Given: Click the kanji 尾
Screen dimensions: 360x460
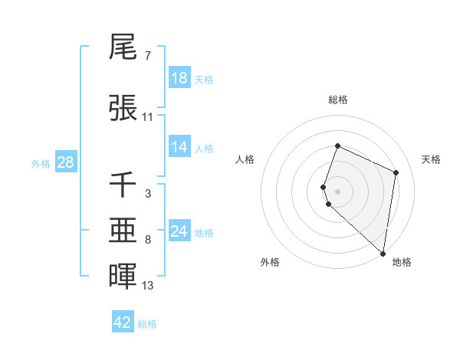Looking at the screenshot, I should [x=123, y=47].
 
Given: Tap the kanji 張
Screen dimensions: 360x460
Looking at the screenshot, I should [x=123, y=109].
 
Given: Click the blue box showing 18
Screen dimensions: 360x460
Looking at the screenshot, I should [x=179, y=78].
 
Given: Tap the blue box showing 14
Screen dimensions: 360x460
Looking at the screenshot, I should [x=179, y=148].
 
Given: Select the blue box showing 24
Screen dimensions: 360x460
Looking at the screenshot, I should [x=179, y=231].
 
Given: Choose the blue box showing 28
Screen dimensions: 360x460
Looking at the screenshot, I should [x=65, y=162].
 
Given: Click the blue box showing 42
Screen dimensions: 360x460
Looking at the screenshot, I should [x=123, y=322].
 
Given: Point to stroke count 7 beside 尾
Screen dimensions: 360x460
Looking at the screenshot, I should [x=147, y=56].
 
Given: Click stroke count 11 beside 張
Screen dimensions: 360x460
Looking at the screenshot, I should [x=148, y=117].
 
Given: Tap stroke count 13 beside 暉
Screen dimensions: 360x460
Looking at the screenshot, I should [x=148, y=286].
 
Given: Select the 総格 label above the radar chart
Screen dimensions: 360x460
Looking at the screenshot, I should [x=337, y=100].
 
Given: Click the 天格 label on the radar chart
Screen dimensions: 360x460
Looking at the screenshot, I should [x=432, y=159].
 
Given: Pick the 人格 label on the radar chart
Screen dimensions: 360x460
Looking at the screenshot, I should [x=245, y=159].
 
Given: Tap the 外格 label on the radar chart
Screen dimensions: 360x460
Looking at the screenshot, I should [x=270, y=262].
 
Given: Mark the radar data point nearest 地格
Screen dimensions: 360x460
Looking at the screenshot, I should [x=383, y=254].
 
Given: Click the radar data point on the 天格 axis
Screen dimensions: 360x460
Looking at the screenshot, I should [x=396, y=172].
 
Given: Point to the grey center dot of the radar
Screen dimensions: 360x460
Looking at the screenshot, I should [x=337, y=191].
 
